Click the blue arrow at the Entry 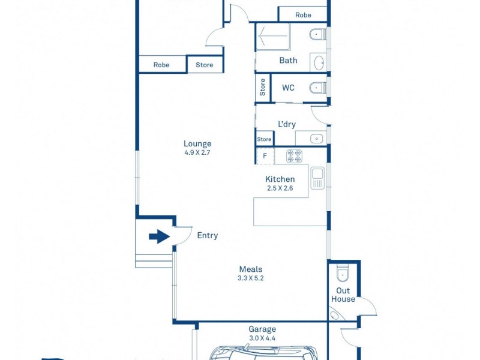pyautogui.click(x=159, y=237)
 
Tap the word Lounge pyautogui.click(x=197, y=143)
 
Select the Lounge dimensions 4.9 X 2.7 pyautogui.click(x=197, y=152)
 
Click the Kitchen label pyautogui.click(x=280, y=179)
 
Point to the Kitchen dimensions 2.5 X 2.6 pyautogui.click(x=280, y=188)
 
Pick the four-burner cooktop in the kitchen pyautogui.click(x=294, y=156)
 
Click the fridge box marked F pyautogui.click(x=265, y=156)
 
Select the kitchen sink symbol pyautogui.click(x=317, y=178)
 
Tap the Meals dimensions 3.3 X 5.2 pyautogui.click(x=251, y=278)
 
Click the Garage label pyautogui.click(x=262, y=329)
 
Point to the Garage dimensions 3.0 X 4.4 pyautogui.click(x=262, y=338)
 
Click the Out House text pyautogui.click(x=343, y=295)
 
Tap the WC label pyautogui.click(x=288, y=88)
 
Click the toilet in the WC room pyautogui.click(x=317, y=88)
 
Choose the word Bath pyautogui.click(x=288, y=61)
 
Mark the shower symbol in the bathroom pyautogui.click(x=273, y=38)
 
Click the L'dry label pyautogui.click(x=286, y=125)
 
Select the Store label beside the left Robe pyautogui.click(x=205, y=65)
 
